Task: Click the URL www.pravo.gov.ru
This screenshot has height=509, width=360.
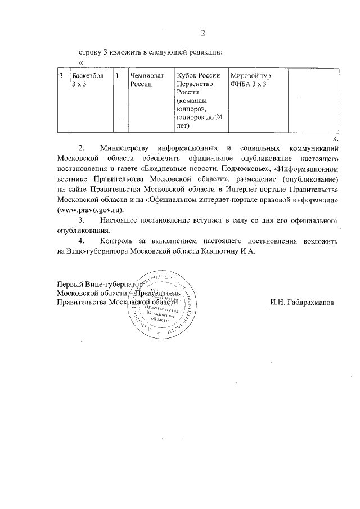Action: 90,209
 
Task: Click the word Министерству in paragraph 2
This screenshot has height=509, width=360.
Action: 127,148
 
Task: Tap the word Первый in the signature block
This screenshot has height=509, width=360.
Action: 71,284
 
